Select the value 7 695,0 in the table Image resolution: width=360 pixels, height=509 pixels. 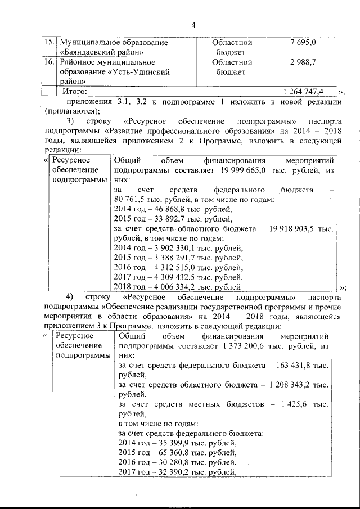[x=303, y=42]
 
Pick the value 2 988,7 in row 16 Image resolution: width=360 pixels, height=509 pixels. [x=303, y=62]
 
